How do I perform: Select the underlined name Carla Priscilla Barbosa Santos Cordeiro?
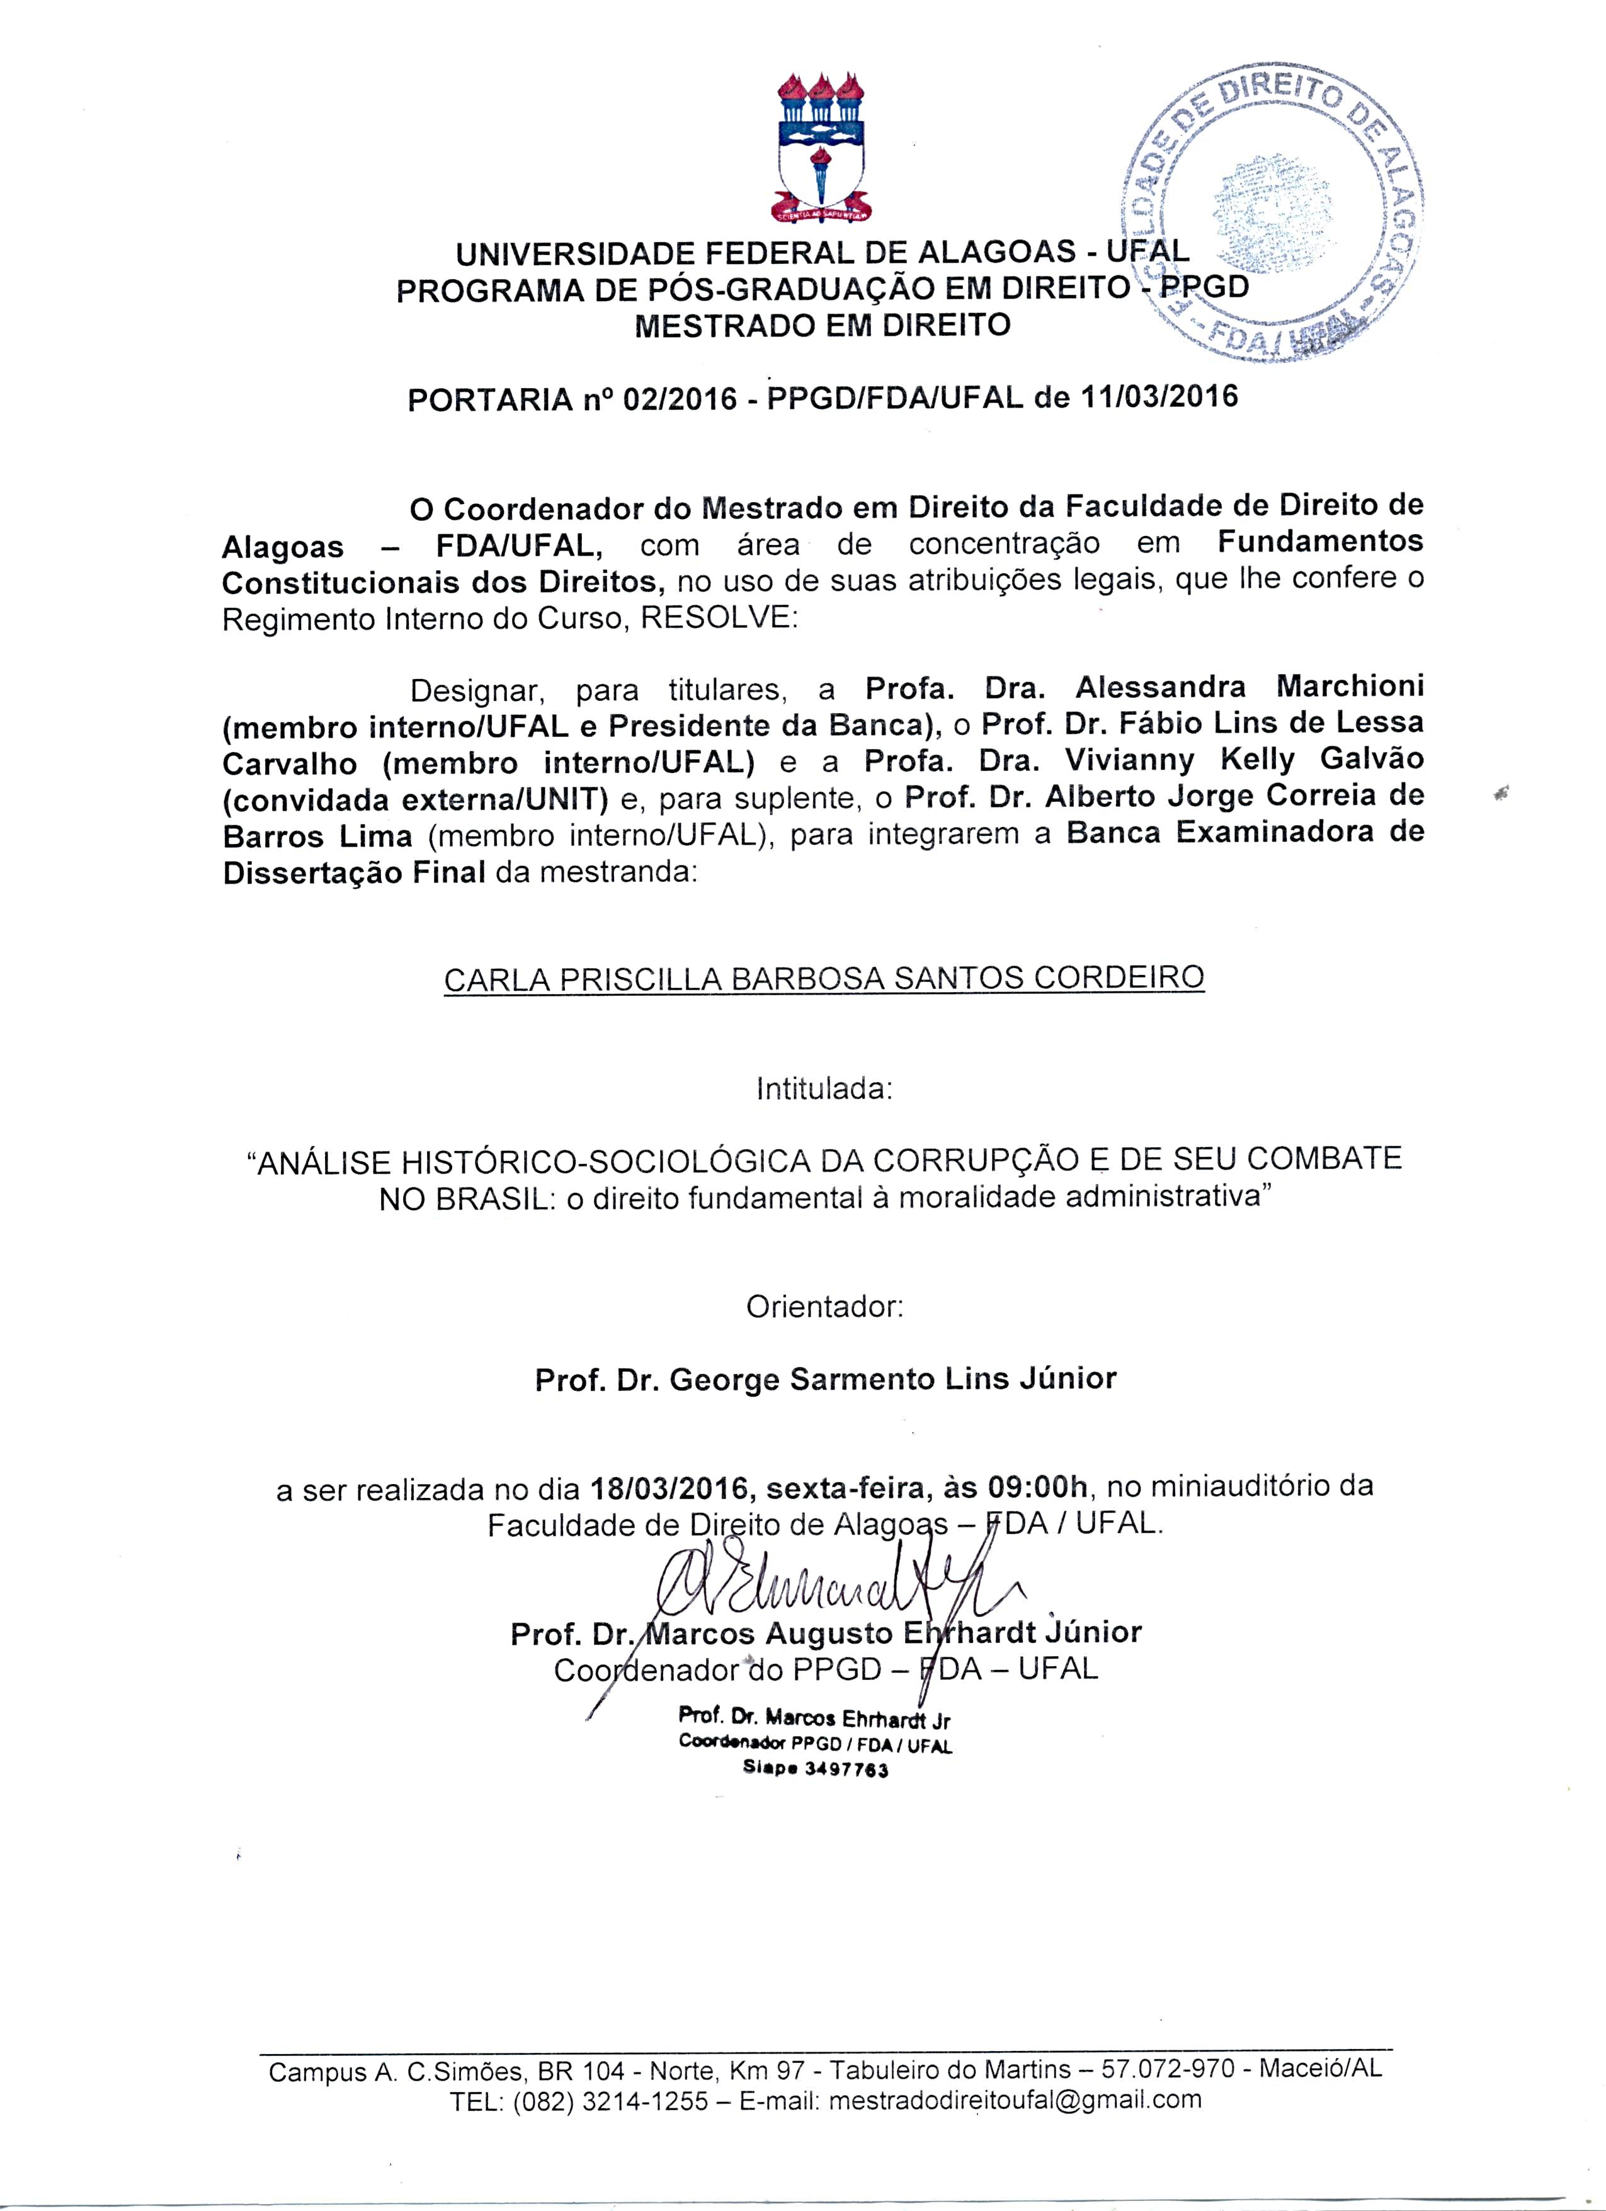[823, 977]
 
